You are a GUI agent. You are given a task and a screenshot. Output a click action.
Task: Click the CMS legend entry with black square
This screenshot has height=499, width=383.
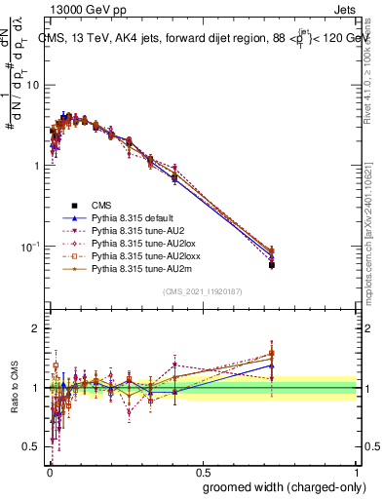click(101, 206)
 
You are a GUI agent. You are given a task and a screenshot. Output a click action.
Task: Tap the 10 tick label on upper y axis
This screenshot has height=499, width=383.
click(34, 85)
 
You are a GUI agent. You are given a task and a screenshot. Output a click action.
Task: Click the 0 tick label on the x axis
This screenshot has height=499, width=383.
click(49, 471)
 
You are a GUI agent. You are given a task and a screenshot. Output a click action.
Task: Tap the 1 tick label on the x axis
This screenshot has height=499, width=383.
click(357, 471)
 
